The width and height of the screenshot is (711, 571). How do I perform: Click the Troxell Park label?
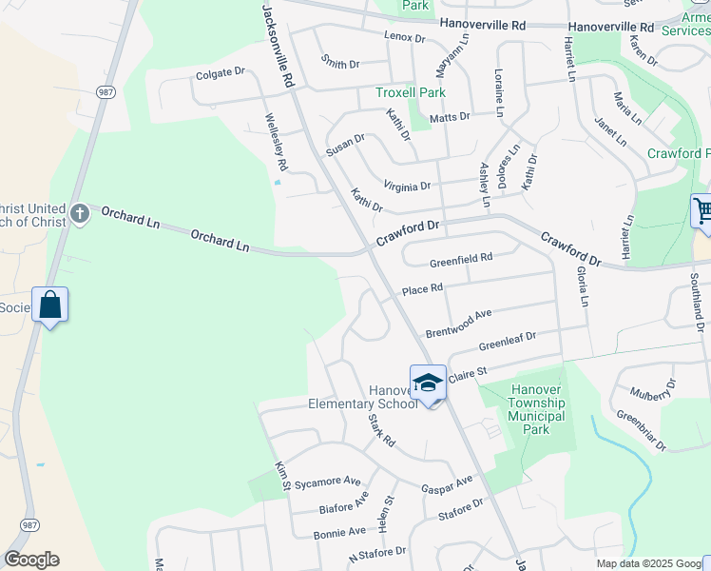click(411, 92)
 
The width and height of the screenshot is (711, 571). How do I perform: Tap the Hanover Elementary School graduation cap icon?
click(428, 383)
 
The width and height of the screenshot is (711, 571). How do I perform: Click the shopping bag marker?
click(50, 306)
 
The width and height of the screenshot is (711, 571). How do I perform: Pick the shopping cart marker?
click(701, 209)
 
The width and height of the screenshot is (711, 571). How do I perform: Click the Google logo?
click(31, 560)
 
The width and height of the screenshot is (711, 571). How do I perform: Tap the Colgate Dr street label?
click(221, 71)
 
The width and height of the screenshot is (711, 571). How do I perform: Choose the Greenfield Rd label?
click(461, 258)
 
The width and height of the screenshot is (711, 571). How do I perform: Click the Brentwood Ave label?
click(458, 324)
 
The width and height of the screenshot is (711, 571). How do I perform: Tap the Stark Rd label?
click(381, 434)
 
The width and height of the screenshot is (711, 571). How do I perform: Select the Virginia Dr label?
click(407, 187)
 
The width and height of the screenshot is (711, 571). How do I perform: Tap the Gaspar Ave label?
click(447, 484)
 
